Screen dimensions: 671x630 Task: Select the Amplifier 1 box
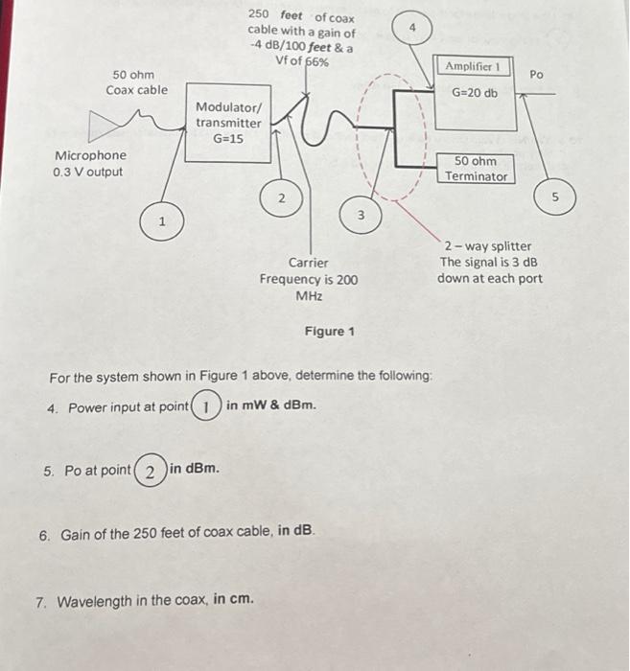click(x=476, y=94)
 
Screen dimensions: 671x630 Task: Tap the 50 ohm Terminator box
click(x=476, y=169)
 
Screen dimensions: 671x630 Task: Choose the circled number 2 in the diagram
click(x=281, y=198)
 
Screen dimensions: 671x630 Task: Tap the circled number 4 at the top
click(x=412, y=31)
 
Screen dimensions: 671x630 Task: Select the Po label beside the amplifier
click(x=536, y=74)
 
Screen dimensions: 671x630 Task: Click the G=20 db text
click(x=475, y=93)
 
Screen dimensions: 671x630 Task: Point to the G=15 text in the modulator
click(x=228, y=139)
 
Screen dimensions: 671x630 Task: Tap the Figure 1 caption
click(x=329, y=332)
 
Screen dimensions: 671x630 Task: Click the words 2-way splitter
click(x=488, y=246)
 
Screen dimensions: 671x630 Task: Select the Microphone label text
click(x=90, y=155)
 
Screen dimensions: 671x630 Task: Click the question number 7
click(x=40, y=602)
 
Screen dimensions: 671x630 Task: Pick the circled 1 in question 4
click(x=206, y=406)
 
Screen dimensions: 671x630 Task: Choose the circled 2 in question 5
click(x=149, y=470)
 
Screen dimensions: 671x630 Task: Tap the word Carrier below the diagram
click(x=308, y=263)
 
